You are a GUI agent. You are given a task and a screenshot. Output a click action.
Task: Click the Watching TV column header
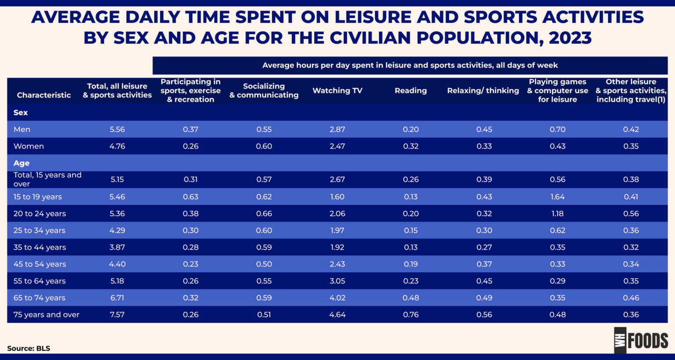(337, 91)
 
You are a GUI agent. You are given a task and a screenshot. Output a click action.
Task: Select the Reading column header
(410, 91)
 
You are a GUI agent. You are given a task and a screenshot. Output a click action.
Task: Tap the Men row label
(22, 129)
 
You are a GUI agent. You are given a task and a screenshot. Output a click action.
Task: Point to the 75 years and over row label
(46, 315)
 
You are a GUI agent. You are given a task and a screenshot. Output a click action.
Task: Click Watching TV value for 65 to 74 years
(337, 298)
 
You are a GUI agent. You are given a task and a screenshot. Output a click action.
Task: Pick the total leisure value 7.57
(117, 315)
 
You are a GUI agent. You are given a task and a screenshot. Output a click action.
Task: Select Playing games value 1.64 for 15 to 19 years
(557, 197)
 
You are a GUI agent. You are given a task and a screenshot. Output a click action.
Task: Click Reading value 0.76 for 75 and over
(410, 315)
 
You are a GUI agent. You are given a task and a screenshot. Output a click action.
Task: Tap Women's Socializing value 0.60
(264, 146)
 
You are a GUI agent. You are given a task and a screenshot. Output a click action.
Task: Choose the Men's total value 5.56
(117, 129)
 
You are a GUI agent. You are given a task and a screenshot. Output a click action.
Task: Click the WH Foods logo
(641, 340)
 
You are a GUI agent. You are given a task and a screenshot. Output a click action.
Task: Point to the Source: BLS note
(29, 349)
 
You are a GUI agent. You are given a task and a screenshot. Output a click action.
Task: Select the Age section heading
(22, 163)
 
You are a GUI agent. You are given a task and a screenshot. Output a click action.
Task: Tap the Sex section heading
(21, 113)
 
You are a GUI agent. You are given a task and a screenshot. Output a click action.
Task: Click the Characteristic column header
(44, 95)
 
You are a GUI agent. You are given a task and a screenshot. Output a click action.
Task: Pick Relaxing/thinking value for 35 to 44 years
(484, 247)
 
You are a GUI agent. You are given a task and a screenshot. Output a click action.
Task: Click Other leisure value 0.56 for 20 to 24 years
(631, 214)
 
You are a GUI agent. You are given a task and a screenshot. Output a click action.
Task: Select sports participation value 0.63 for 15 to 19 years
(190, 197)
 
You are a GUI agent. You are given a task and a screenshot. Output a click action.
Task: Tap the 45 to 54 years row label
(40, 264)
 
